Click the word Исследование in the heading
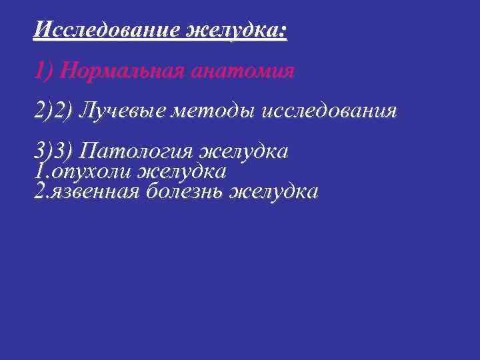tap(107, 30)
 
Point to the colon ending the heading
tap(284, 31)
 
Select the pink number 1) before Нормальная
tap(44, 70)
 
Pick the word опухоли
tap(91, 172)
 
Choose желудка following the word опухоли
tap(181, 171)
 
